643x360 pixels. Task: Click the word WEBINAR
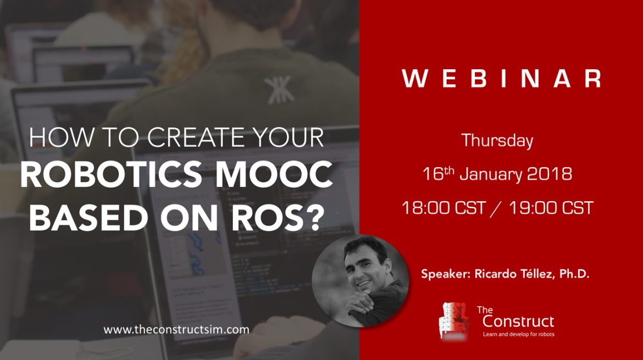pos(502,78)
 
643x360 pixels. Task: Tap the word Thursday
pos(497,141)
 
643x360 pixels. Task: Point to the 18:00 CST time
pos(444,208)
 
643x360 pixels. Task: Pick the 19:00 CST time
pos(551,208)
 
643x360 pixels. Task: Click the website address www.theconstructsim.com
pos(176,330)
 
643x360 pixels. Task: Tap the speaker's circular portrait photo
pos(360,281)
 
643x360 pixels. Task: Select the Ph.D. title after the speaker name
pos(574,274)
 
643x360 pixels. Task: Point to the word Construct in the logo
pos(518,321)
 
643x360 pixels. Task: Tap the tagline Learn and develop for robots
pos(518,334)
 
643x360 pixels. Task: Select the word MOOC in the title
pos(274,175)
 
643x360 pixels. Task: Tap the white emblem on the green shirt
pos(279,90)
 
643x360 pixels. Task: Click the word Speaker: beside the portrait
pos(446,274)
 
